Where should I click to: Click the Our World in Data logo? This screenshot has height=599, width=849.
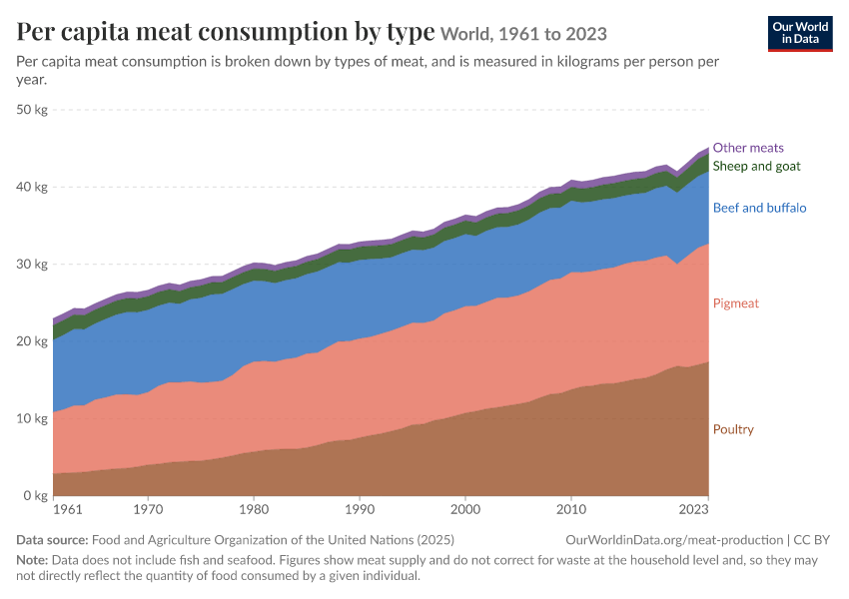800,34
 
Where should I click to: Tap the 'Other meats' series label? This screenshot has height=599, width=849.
748,148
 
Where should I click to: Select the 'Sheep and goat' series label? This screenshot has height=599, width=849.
756,166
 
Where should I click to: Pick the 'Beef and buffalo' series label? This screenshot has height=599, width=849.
760,208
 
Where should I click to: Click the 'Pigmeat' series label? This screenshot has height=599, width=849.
736,303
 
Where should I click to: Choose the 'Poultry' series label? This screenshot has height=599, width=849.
733,429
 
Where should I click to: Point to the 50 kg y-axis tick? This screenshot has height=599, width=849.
32,109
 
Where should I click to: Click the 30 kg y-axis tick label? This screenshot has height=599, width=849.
32,264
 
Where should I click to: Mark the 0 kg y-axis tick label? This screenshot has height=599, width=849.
35,495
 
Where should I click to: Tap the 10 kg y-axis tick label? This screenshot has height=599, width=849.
32,418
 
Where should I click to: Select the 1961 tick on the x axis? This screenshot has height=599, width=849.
68,509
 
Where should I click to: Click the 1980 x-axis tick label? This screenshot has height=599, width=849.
254,509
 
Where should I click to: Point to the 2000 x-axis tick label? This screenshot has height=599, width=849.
465,509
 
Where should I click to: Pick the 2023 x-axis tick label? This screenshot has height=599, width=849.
693,509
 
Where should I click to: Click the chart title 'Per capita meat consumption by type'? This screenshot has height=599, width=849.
226,32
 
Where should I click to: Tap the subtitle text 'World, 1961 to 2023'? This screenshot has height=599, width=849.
523,34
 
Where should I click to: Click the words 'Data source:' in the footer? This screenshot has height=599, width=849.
52,540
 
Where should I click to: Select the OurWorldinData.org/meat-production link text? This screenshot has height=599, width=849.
674,540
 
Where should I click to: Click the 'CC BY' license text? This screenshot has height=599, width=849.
812,540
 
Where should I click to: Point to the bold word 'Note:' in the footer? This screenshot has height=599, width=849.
32,560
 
